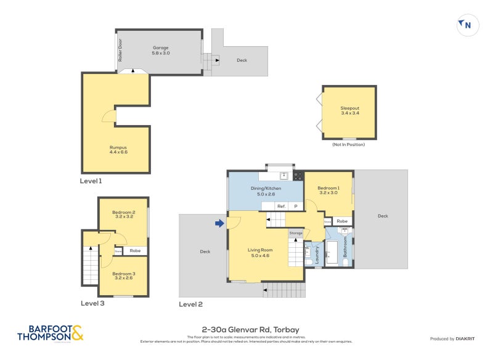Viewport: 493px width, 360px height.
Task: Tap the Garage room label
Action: pos(160,51)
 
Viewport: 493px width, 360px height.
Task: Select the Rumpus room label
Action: pos(118,149)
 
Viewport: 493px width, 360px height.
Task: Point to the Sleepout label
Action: pos(349,111)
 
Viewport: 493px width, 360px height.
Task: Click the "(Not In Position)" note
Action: pos(348,144)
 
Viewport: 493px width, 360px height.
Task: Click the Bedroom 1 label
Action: pos(328,190)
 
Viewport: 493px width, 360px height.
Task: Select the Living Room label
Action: pos(259,252)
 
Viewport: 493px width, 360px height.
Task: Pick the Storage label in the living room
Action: pos(296,233)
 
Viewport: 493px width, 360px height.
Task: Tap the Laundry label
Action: pos(317,256)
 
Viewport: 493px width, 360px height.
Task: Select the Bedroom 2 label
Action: pos(124,215)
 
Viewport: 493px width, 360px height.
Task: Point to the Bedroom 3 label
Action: pos(124,275)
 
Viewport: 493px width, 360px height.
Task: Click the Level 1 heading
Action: pos(91,181)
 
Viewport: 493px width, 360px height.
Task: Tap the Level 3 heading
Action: pos(93,303)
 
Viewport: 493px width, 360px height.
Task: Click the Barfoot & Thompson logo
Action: pos(51,333)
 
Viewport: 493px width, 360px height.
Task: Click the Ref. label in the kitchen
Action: pos(281,206)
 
